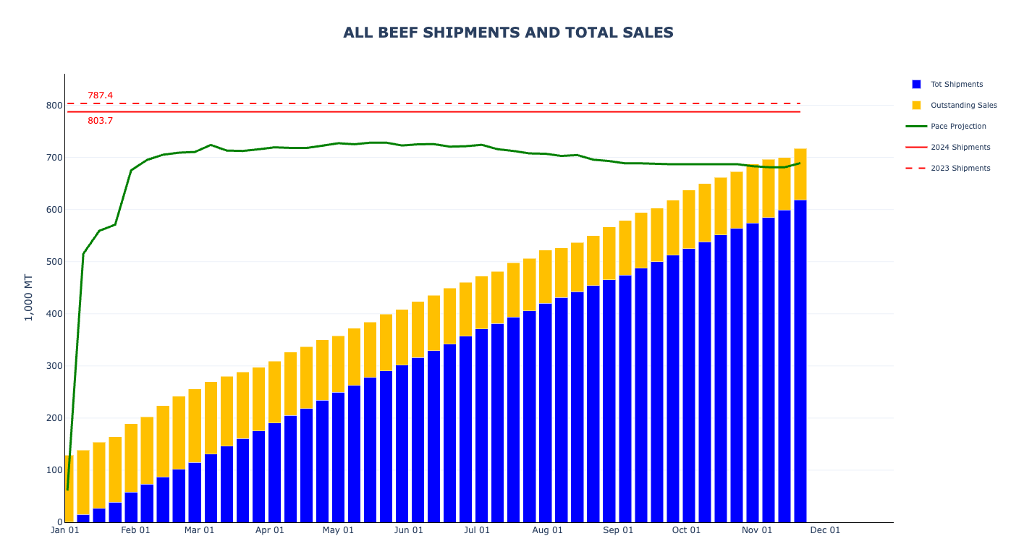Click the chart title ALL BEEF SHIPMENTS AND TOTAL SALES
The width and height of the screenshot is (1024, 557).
click(508, 33)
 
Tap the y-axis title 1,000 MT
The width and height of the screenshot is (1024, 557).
click(29, 297)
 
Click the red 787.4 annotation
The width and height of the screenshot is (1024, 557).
click(100, 95)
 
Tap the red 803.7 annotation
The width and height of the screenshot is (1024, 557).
click(100, 121)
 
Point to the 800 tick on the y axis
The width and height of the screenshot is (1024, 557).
click(54, 106)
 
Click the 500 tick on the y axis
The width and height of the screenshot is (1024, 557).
click(54, 262)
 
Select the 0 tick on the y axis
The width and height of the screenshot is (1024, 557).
click(59, 522)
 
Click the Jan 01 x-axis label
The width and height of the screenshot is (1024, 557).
click(65, 530)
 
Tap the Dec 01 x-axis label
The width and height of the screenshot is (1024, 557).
click(825, 530)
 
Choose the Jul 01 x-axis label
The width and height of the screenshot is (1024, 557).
click(476, 530)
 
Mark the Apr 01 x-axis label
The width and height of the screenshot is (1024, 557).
click(269, 530)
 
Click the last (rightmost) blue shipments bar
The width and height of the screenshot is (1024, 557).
click(800, 362)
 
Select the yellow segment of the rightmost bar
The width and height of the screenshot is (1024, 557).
click(800, 174)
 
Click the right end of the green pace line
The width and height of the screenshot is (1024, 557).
click(800, 163)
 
